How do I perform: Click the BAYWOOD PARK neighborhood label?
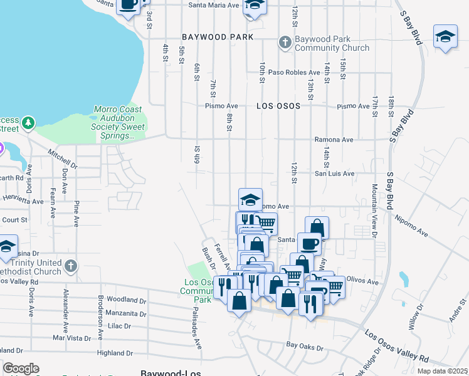(218, 37)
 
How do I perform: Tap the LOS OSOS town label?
(278, 107)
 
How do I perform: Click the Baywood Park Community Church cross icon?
(285, 43)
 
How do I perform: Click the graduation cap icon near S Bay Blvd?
(445, 36)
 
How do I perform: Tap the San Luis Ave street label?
(334, 174)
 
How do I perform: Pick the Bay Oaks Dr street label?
(305, 345)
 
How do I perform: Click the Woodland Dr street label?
(126, 300)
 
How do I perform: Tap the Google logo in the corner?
(21, 368)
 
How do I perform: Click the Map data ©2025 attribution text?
(442, 371)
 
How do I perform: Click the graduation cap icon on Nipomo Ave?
(250, 200)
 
